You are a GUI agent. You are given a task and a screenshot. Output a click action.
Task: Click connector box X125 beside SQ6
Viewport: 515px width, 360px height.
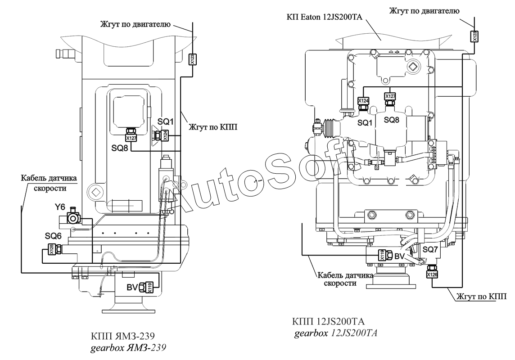click(52, 249)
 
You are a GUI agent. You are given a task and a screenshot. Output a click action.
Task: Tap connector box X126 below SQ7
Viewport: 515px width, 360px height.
click(432, 274)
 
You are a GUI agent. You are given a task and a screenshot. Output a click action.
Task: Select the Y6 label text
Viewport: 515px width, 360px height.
click(60, 207)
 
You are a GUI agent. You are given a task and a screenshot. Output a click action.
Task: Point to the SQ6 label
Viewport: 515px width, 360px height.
click(53, 236)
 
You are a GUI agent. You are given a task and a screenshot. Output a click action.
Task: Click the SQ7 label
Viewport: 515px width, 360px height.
click(430, 250)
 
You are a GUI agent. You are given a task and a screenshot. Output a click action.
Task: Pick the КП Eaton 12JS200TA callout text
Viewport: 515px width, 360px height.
click(324, 17)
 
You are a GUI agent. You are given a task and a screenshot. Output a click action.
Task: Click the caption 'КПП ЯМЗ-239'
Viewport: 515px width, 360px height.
click(122, 336)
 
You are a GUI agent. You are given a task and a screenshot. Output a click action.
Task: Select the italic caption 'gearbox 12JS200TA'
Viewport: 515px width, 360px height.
click(336, 333)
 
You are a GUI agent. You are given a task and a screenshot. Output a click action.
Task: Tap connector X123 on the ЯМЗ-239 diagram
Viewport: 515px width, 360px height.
click(193, 59)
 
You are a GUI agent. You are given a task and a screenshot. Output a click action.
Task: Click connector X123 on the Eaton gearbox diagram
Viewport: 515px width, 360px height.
click(474, 36)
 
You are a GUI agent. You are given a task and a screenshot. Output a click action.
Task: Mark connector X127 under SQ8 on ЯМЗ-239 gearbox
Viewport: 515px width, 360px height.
click(131, 138)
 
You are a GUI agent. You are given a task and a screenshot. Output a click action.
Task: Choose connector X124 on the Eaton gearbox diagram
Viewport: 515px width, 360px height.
click(363, 101)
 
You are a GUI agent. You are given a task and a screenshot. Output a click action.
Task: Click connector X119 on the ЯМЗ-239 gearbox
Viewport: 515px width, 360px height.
click(150, 288)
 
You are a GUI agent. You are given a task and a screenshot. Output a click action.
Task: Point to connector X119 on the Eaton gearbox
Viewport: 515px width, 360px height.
click(382, 255)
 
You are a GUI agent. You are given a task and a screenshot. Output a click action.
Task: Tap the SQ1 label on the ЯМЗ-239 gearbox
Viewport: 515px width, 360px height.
click(165, 122)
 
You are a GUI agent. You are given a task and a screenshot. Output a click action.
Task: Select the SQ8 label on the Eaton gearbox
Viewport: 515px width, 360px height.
click(392, 120)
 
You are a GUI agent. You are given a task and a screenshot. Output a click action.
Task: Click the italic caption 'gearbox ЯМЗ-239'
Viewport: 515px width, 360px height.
click(128, 348)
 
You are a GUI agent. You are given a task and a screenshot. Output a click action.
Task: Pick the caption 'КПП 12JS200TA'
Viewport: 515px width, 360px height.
click(329, 321)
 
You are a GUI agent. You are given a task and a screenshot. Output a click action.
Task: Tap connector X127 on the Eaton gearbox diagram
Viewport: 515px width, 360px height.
click(390, 96)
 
